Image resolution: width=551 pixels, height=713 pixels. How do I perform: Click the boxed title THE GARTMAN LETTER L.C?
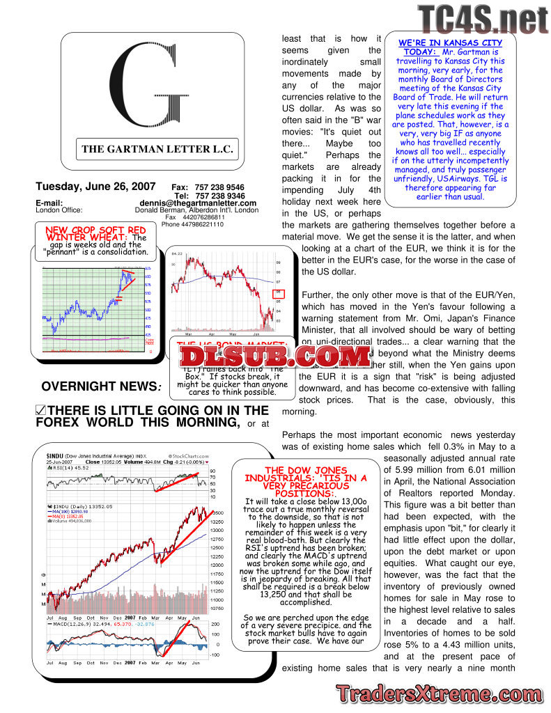pyautogui.click(x=157, y=148)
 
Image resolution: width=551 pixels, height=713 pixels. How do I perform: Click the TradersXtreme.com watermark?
pyautogui.click(x=438, y=694)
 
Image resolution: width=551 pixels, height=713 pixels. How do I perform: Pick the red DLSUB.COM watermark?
pyautogui.click(x=275, y=356)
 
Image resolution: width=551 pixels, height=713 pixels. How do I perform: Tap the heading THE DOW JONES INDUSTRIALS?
pyautogui.click(x=305, y=478)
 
